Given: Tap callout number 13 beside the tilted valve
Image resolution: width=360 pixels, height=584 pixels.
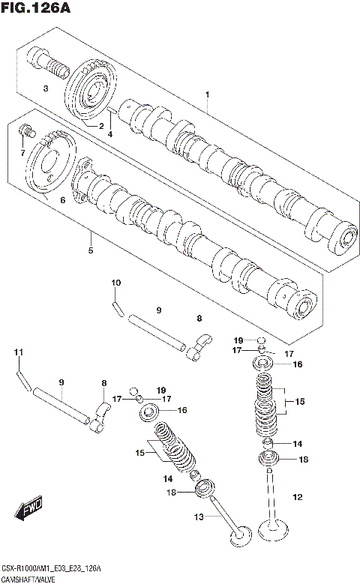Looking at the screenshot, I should click(x=199, y=517).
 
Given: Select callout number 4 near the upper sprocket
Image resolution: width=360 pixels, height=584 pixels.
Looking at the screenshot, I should click(x=109, y=134).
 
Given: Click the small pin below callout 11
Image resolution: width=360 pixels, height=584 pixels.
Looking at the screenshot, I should click(x=23, y=379).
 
